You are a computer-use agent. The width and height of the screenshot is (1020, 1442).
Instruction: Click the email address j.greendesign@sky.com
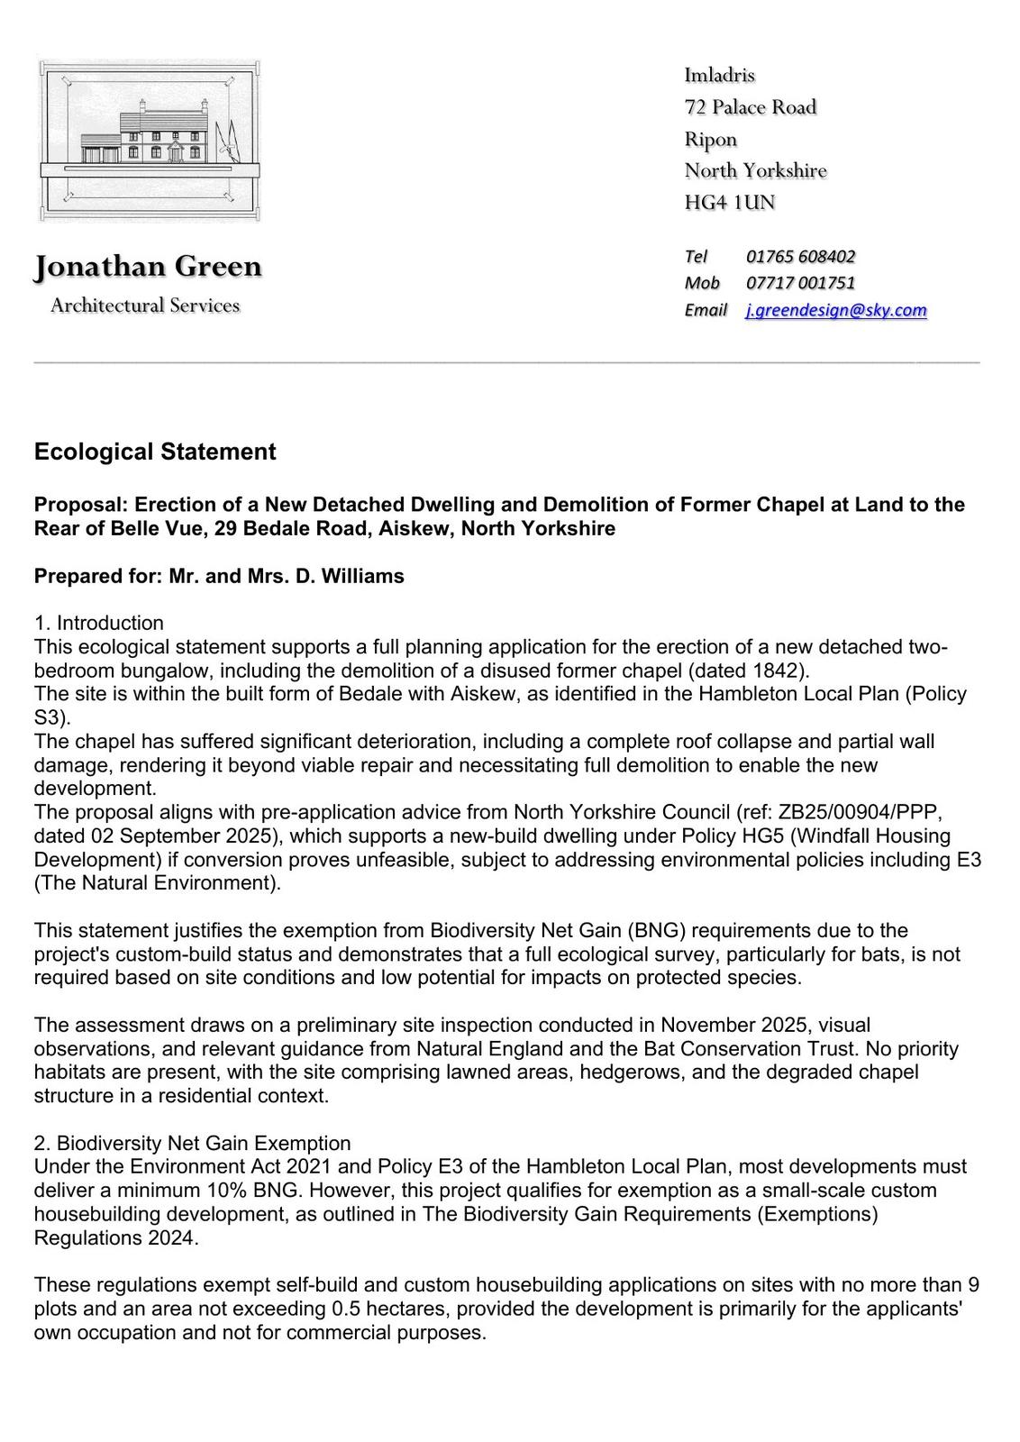[835, 310]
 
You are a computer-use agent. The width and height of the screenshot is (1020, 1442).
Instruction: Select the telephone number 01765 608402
[800, 256]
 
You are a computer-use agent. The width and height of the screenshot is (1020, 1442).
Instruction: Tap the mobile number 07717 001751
[800, 283]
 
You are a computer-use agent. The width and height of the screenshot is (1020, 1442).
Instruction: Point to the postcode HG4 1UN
[729, 202]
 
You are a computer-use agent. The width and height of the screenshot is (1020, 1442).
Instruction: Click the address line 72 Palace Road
[750, 107]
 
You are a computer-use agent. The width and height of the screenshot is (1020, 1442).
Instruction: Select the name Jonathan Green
[148, 267]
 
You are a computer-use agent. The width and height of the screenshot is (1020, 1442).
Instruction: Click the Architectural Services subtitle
[145, 306]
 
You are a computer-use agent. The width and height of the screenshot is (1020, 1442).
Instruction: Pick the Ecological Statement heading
[155, 452]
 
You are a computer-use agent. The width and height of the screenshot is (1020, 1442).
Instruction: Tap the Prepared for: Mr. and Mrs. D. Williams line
[219, 576]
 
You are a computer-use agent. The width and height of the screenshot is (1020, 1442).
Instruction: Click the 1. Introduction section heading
[99, 623]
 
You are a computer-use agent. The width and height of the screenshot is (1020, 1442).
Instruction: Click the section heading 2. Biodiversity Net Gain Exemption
[192, 1144]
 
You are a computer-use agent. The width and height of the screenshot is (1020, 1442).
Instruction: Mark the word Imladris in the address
[719, 75]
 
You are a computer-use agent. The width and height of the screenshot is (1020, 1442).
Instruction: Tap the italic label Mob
[702, 283]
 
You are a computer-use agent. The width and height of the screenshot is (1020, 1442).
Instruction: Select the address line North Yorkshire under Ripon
[755, 170]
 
